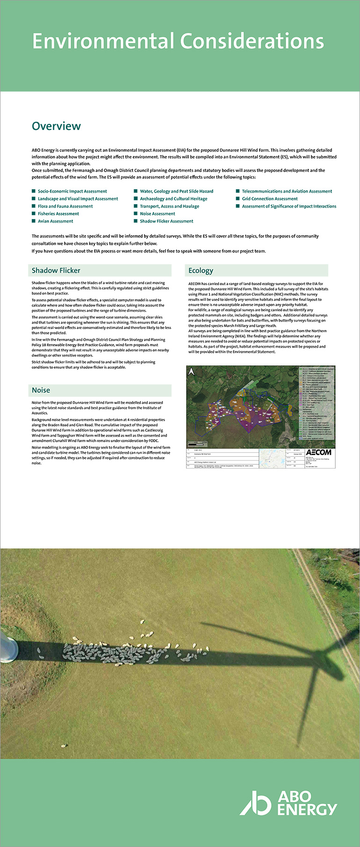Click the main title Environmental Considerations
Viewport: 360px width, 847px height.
(178, 42)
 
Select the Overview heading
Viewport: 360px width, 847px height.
(56, 126)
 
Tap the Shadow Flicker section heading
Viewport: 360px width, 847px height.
(56, 271)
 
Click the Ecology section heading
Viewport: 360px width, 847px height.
(201, 271)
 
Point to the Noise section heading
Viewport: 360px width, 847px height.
(41, 390)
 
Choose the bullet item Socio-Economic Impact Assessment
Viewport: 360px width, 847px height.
(72, 191)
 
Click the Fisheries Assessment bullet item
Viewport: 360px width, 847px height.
(58, 214)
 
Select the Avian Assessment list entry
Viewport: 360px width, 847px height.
(55, 221)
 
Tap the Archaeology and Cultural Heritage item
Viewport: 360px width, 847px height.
(173, 199)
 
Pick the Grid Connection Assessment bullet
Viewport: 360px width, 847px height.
(269, 199)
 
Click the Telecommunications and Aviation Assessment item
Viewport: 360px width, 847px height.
(287, 191)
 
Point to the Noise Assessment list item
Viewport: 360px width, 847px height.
(158, 214)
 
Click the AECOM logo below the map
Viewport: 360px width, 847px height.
(318, 452)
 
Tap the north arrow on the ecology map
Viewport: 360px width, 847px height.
(191, 372)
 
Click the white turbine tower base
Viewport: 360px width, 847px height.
(8, 649)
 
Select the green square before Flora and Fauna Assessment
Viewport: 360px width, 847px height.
(34, 206)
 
